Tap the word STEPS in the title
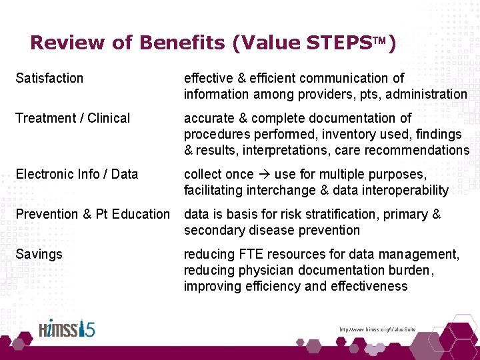[341, 43]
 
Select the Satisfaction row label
[49, 78]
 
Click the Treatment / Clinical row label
[73, 118]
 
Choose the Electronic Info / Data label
[77, 174]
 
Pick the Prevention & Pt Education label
[93, 214]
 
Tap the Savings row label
[39, 254]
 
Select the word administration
[427, 94]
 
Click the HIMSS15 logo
[66, 329]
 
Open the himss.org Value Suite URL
[377, 329]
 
